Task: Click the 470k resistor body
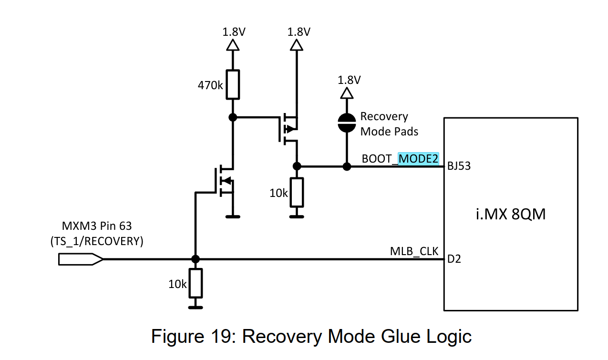click(x=233, y=84)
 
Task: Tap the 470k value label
click(x=210, y=85)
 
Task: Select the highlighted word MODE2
click(x=418, y=159)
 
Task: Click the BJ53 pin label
click(x=459, y=166)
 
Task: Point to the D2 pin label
click(x=454, y=259)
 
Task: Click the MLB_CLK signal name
click(x=414, y=252)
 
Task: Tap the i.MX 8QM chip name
click(x=511, y=214)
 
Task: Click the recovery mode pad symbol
click(x=347, y=123)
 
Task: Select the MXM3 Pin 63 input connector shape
click(x=81, y=259)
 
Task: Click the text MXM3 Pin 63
click(x=97, y=226)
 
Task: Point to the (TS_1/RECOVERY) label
click(x=97, y=241)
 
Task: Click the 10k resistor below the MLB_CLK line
click(x=196, y=283)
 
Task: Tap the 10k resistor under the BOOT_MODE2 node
click(x=297, y=193)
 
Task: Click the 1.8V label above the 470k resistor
click(x=234, y=32)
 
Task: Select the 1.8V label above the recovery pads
click(x=349, y=80)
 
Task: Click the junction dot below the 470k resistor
click(x=233, y=118)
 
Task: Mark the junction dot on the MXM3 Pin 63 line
click(x=196, y=259)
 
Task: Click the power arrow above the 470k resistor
click(x=233, y=45)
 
